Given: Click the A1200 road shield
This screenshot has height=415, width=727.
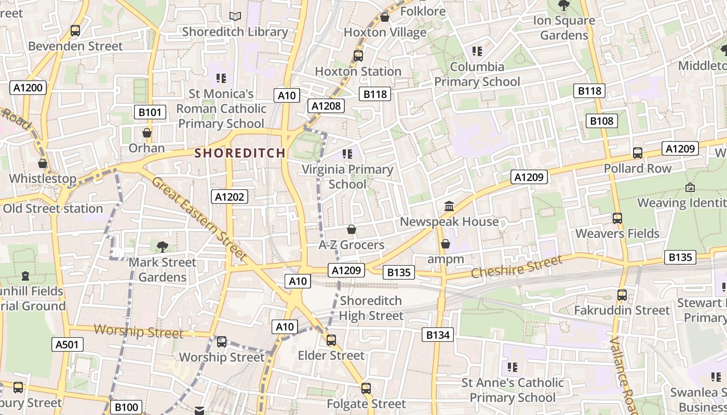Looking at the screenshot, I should coord(28,88).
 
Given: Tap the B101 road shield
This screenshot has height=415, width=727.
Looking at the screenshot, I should coord(150,112).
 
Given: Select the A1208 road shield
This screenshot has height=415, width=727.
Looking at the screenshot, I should coord(326,106).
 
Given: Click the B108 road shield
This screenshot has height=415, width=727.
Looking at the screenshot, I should coord(602,121).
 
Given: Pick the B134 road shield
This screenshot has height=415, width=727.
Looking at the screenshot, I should coord(438,335).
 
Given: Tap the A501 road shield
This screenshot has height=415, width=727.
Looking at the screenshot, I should coord(68,344).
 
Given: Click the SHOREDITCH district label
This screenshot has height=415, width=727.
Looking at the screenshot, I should coord(240,153).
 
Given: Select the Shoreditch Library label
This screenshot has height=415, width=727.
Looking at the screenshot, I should coord(235,32).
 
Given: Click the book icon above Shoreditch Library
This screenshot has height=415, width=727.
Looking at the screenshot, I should coord(235,17).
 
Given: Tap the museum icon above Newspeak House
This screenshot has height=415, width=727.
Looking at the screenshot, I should coord(449,206).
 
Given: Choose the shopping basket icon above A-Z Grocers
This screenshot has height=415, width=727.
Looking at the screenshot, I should coord(352,229).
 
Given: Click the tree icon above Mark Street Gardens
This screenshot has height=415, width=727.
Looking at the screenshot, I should coord(163,246).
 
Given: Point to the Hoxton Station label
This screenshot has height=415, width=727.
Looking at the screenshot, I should coord(358,71).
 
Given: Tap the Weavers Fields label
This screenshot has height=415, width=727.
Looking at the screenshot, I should coord(617,233).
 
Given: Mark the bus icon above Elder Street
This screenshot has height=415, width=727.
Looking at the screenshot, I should coord(331,340).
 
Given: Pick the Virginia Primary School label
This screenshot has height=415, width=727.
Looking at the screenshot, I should coord(347,177).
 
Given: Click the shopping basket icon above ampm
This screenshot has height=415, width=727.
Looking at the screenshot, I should coord(446,244).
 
